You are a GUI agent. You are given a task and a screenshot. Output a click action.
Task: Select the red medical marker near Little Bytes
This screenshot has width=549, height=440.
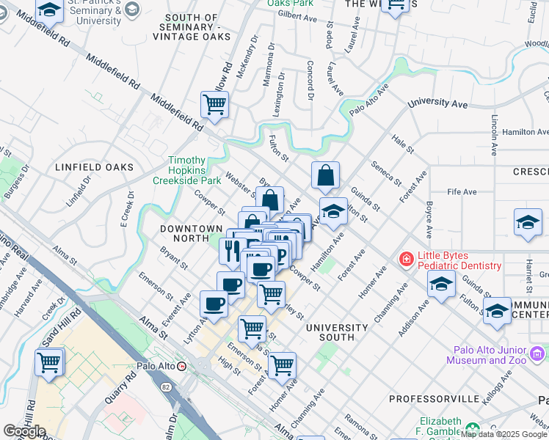click(x=404, y=259)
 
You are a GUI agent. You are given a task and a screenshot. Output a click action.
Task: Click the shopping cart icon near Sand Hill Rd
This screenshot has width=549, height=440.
click(x=49, y=362)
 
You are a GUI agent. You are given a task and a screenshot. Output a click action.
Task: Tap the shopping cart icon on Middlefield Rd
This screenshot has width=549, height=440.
click(x=214, y=105)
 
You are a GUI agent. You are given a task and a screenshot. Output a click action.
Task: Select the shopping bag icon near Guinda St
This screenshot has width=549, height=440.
click(x=325, y=176)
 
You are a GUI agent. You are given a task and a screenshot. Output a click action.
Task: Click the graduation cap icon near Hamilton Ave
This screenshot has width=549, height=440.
click(x=333, y=212)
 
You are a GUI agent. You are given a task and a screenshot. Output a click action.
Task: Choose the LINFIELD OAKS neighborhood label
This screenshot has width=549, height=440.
click(x=95, y=167)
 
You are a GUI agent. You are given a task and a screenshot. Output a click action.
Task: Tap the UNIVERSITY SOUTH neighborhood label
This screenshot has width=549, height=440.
click(x=337, y=332)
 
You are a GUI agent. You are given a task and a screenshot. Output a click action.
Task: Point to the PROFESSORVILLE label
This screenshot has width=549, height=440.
click(x=428, y=399)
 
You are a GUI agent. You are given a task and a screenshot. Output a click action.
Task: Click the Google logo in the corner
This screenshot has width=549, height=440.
click(x=23, y=431)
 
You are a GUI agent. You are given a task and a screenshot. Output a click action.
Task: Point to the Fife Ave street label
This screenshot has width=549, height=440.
click(x=462, y=192)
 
